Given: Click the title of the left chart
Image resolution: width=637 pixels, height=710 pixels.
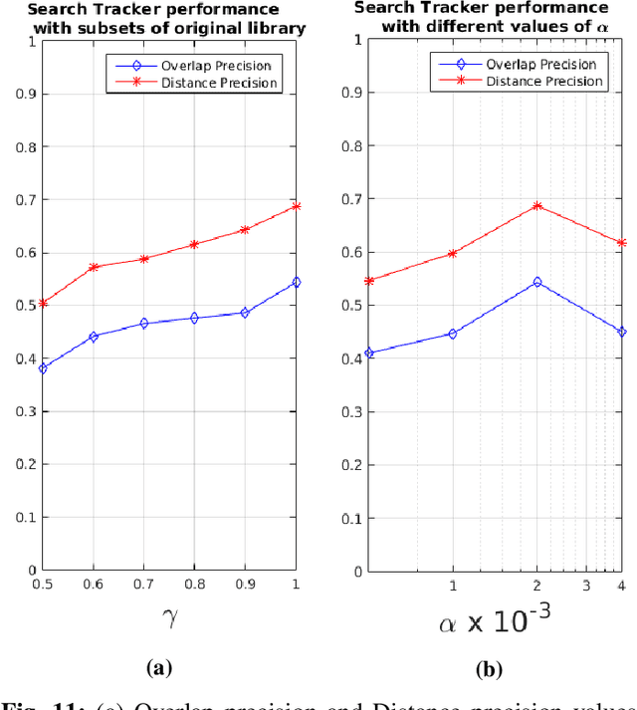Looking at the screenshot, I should [172, 19].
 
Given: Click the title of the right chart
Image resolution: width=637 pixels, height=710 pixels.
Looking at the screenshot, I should [495, 19].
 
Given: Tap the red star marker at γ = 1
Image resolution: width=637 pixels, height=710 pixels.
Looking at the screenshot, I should [296, 206].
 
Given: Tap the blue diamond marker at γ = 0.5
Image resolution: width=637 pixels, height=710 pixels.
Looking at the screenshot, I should [42, 368].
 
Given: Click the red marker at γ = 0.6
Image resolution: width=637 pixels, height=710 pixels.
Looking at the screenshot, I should [93, 267].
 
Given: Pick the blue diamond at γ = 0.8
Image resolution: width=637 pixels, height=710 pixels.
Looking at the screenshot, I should [194, 318].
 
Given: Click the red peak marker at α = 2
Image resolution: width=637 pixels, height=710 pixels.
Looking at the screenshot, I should [537, 206].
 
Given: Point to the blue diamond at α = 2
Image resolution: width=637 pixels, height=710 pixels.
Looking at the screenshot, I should [537, 282].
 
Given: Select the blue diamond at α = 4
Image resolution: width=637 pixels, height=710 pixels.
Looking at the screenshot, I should [622, 332].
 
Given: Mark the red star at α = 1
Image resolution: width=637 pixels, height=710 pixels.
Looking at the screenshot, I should [453, 254].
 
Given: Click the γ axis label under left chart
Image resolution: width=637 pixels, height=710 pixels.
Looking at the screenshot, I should [169, 615].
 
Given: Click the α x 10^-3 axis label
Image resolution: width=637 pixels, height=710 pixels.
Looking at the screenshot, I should [495, 622].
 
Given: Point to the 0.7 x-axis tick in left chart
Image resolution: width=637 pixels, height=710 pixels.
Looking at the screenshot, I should [143, 584].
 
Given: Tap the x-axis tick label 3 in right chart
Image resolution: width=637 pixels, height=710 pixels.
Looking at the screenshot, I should [586, 584].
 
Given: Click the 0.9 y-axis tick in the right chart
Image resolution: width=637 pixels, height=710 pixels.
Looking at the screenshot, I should [352, 93].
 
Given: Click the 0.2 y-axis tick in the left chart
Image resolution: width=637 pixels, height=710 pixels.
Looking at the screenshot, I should [27, 464].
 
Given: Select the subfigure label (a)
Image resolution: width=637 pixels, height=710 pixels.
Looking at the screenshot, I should [159, 667].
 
